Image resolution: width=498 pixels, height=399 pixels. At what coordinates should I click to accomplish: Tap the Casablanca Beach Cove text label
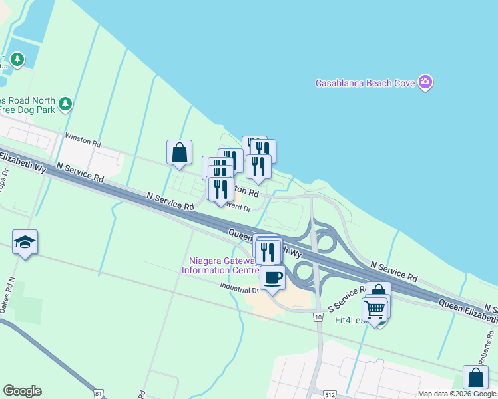click(365, 84)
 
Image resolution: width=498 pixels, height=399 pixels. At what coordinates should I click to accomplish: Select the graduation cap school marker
click(25, 243)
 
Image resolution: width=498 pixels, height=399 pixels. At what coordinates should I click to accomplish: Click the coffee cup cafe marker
click(272, 277)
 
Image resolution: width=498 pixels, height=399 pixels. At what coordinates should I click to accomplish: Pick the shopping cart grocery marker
click(375, 309)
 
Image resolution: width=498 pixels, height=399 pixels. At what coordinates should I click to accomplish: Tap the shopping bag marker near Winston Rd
click(180, 152)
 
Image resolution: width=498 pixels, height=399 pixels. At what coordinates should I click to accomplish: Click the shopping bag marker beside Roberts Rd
click(477, 377)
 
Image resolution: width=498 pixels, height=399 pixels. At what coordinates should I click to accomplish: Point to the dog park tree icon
click(65, 104)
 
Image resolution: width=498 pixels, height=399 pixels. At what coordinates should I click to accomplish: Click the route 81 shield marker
click(99, 394)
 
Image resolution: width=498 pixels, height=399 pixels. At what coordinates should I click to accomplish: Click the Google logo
click(22, 391)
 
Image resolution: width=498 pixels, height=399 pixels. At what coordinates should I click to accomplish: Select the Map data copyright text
click(457, 394)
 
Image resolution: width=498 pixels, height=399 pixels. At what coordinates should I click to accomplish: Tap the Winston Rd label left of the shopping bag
click(83, 142)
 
